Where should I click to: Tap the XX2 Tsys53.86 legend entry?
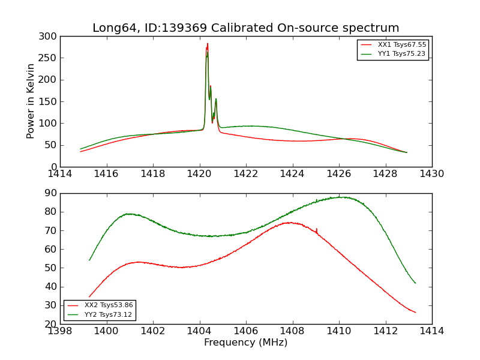[x=109, y=305]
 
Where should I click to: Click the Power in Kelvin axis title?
[x=31, y=101]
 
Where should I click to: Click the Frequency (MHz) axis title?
[x=246, y=343]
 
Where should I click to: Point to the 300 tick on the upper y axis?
[x=50, y=36]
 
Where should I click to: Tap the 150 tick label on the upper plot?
[x=50, y=101]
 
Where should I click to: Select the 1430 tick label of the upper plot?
[x=432, y=173]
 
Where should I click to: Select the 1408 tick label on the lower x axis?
[x=292, y=331]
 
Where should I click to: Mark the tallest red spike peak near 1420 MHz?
[x=208, y=44]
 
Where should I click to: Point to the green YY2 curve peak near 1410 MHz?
[x=340, y=197]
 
